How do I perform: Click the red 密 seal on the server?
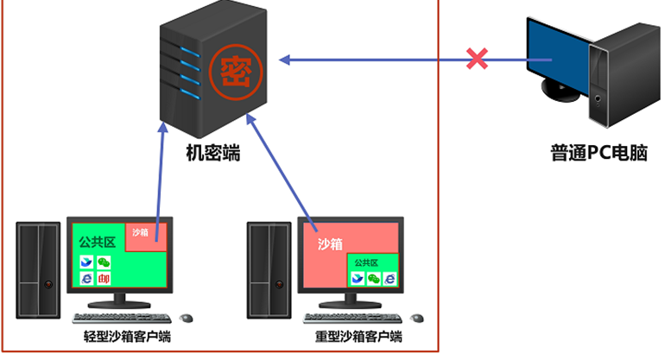231,67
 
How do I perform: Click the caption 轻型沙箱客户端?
121,336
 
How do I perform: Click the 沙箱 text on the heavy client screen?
330,244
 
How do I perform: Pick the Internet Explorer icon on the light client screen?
85,278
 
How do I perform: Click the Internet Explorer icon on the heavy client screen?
391,278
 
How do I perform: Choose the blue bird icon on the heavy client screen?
355,278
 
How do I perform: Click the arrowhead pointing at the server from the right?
286,60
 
